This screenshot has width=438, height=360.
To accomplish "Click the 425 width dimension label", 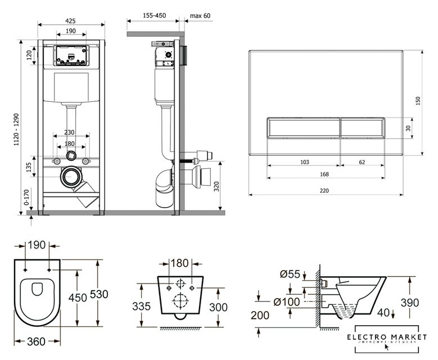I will point(70,21).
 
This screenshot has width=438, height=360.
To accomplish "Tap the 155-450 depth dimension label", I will point(153,16).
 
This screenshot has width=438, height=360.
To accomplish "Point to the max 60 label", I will point(200,16).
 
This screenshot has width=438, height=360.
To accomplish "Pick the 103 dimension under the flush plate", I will point(304,162).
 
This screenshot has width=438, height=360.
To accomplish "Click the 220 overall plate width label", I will point(324,191).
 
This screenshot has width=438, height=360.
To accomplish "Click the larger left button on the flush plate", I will point(303,128).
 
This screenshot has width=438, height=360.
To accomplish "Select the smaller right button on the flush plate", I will point(362,128).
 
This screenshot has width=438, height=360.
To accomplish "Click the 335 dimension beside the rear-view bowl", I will point(141,307).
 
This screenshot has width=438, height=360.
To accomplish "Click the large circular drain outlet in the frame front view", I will point(71,177).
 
